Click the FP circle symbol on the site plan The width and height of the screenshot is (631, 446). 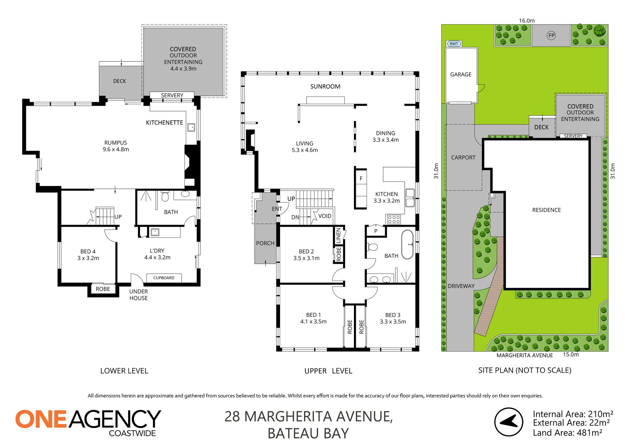point(551,35)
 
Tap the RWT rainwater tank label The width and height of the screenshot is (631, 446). point(454,44)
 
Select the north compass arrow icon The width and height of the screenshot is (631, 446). point(508,422)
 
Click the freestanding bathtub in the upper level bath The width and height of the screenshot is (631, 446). point(407,245)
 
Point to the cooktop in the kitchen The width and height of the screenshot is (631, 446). point(394,219)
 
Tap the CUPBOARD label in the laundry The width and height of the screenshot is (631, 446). point(164,278)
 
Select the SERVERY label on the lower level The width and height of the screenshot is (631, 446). point(172,95)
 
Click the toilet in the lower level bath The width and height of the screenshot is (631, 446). point(165,196)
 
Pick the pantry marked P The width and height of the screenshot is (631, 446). point(376,231)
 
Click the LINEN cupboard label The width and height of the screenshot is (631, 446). point(339,235)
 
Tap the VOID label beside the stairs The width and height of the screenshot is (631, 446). point(325,216)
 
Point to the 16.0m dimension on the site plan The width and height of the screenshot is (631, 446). point(526,21)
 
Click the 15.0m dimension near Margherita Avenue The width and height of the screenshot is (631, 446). point(571,354)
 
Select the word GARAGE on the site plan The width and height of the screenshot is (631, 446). point(461,75)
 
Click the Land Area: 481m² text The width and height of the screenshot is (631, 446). point(568,433)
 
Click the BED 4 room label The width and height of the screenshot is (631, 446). point(88,252)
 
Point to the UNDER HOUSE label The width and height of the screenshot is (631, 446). point(138,295)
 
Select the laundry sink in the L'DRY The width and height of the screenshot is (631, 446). point(155,232)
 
